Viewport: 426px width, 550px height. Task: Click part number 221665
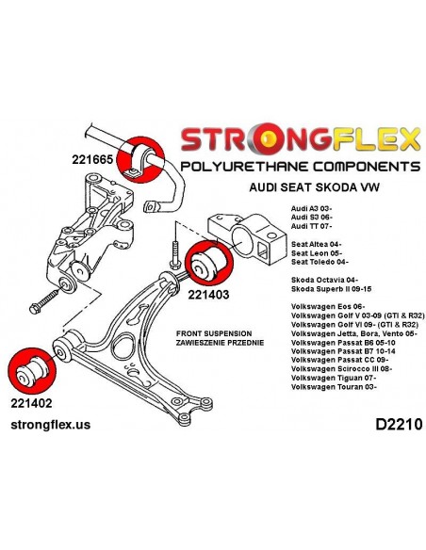tap(92, 159)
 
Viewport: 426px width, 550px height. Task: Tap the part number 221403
tap(208, 294)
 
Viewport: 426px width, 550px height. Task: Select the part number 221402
tap(31, 403)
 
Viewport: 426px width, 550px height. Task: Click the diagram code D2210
tap(399, 425)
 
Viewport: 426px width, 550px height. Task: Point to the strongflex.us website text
tap(51, 425)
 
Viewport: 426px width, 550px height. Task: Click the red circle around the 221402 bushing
tap(32, 371)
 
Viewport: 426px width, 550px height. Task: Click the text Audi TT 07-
tap(311, 226)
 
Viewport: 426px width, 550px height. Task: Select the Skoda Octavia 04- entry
tap(324, 280)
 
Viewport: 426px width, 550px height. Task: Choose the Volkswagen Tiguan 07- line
tap(334, 378)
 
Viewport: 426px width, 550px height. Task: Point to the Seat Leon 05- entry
tap(317, 253)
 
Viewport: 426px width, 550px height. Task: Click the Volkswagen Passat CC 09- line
tap(339, 360)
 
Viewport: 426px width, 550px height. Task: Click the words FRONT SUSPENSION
tap(214, 333)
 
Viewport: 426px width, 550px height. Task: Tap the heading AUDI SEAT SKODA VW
tap(315, 187)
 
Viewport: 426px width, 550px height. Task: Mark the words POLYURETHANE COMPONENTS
tap(301, 166)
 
